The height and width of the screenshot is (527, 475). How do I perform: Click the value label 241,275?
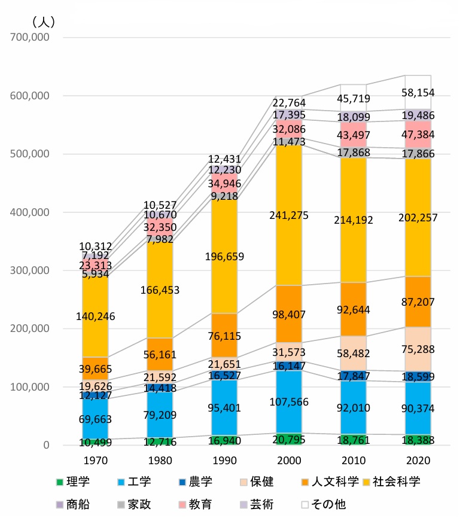(x=290, y=215)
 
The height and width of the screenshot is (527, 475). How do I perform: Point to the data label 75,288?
(x=418, y=349)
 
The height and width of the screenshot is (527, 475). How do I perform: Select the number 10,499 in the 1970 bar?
(x=96, y=443)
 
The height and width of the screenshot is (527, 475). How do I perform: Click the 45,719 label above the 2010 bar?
(x=354, y=99)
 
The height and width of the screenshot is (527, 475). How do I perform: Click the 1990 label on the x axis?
(x=226, y=461)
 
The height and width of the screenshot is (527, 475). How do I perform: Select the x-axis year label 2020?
(x=418, y=461)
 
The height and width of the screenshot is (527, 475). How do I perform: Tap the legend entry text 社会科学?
(x=397, y=482)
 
